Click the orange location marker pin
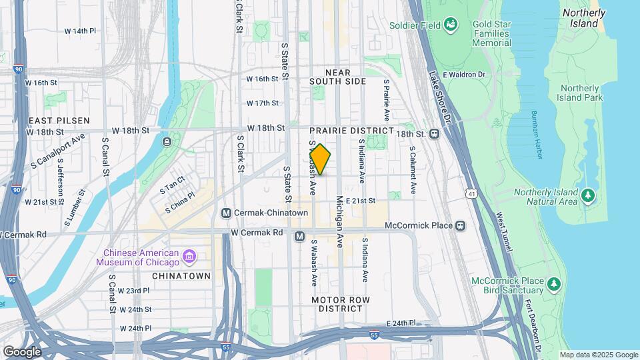[x=320, y=159]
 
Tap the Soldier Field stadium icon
[x=451, y=25]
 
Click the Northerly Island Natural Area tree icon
[x=587, y=195]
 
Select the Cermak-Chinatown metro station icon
[x=227, y=213]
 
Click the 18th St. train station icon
[x=435, y=133]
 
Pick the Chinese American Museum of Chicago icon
[x=189, y=257]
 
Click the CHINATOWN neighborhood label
[x=181, y=275]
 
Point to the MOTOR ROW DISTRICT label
[x=340, y=304]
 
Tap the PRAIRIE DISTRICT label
[x=351, y=130]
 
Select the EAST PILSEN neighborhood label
[x=59, y=120]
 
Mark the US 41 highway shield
[x=471, y=193]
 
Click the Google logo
[x=22, y=351]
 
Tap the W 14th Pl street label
[x=80, y=31]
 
